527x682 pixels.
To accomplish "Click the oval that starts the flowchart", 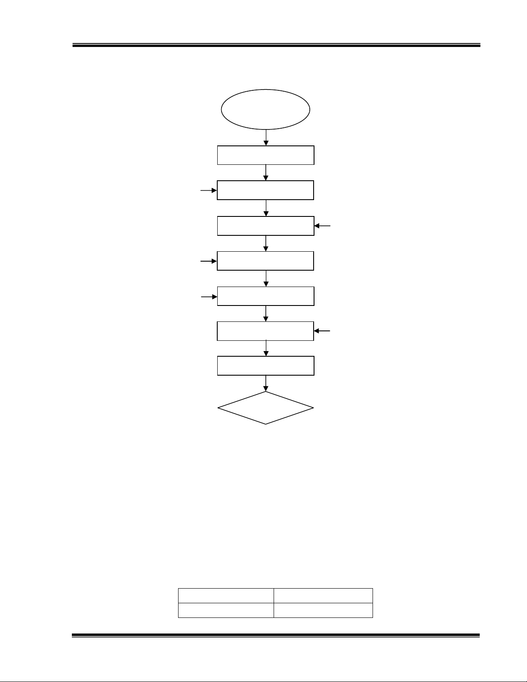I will click(265, 109).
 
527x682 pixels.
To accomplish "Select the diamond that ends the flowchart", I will click(265, 407).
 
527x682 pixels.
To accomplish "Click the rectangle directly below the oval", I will click(265, 155).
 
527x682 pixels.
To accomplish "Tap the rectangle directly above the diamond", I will click(265, 366).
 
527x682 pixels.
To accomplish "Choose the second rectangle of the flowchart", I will click(265, 190).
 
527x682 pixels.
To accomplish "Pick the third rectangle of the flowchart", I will click(265, 226).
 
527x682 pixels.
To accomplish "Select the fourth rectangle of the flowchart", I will click(265, 261).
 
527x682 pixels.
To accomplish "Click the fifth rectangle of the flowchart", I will click(265, 296).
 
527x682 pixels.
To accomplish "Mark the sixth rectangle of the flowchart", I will click(265, 331).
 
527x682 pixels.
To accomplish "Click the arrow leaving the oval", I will click(266, 138).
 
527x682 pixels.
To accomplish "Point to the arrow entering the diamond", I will click(266, 383).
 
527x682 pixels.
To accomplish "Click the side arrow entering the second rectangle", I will click(209, 190).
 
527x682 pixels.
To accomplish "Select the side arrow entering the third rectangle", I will click(323, 225).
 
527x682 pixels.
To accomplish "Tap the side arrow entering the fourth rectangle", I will click(209, 261).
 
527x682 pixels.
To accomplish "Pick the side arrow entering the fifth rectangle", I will click(209, 296).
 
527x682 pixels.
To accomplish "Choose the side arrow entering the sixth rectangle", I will click(323, 331).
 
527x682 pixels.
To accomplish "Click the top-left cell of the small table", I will click(226, 596).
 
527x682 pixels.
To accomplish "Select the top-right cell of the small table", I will click(323, 596).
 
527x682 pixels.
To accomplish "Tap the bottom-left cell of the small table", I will click(226, 611).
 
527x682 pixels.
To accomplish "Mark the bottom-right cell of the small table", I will click(323, 611).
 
